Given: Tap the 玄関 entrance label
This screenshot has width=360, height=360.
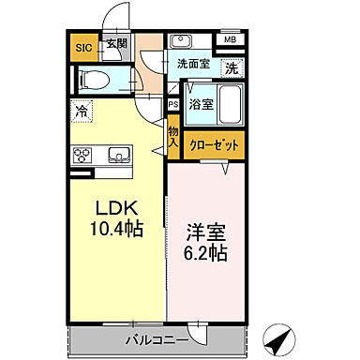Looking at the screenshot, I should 115,43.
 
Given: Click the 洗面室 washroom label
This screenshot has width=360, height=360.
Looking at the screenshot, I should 191,66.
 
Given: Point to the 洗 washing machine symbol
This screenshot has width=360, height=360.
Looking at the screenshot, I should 230,68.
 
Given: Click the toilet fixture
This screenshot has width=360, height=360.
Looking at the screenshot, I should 93,81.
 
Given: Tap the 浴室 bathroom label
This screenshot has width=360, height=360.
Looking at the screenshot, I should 201,105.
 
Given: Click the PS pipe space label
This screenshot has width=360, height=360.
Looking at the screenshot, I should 173,106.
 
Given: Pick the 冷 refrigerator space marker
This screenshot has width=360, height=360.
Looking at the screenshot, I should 82,110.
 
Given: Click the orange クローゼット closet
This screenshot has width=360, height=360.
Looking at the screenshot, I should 216,145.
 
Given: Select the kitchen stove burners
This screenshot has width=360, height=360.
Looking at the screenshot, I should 82,155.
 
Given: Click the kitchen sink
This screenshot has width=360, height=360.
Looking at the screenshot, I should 118,155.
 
